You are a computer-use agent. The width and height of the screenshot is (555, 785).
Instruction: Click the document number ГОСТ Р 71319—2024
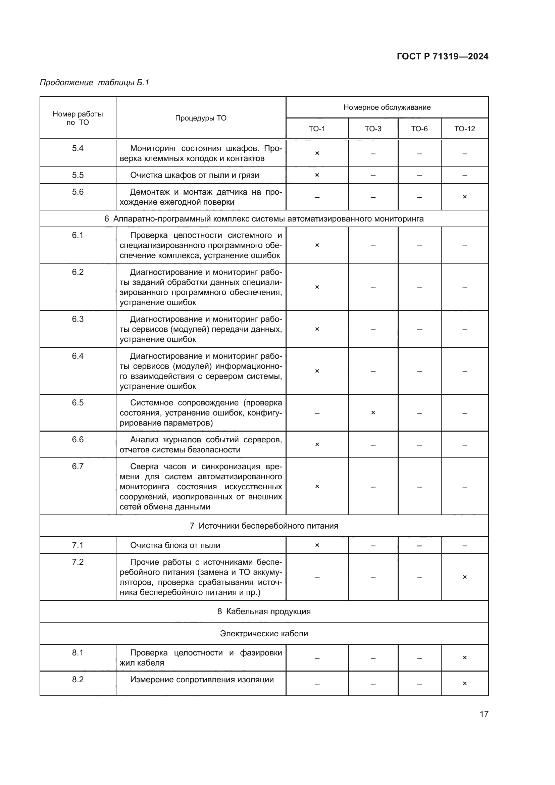point(442,56)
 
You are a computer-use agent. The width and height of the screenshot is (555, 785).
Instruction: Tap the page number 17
point(484,714)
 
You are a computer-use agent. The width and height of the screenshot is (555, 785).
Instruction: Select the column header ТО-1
point(317,129)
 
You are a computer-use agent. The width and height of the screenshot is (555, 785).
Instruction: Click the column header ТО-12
point(464,129)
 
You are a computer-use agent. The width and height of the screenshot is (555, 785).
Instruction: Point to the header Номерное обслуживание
point(387,107)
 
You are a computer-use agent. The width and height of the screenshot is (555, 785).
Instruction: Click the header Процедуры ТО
point(201,118)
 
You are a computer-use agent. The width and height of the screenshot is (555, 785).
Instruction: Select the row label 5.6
point(78,192)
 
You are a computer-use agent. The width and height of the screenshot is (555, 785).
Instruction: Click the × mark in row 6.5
point(373,413)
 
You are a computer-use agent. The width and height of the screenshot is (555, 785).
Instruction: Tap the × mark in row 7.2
point(464,577)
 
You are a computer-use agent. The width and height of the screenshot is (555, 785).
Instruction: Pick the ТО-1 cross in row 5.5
point(317,175)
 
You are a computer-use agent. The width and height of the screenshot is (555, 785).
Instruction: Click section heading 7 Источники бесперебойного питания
point(264,526)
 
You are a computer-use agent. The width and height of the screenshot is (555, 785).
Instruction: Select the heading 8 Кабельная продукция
point(264,611)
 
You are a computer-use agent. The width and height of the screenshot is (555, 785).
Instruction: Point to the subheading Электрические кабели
point(264,634)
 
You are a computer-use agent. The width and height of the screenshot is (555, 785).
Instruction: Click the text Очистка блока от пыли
point(175,545)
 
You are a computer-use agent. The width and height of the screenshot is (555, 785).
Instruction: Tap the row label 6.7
point(78,467)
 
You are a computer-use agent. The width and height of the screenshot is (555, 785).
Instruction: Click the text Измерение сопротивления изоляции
point(202,679)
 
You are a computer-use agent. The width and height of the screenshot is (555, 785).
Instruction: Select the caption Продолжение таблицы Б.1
point(94,83)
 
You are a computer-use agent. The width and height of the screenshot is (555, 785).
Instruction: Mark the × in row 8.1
point(464,657)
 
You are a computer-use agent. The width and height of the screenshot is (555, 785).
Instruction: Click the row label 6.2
point(78,272)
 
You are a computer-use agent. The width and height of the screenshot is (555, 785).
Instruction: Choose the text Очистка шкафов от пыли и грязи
point(195,175)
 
